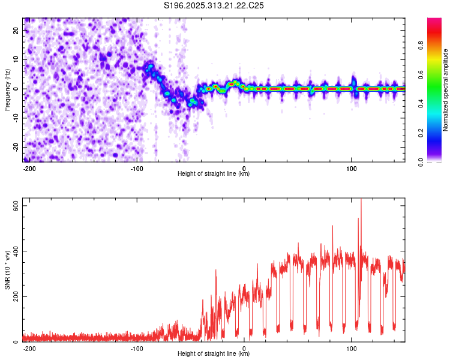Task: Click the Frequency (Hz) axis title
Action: [7, 90]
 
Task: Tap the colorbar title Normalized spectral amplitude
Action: [446, 90]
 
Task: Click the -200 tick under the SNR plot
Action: [29, 348]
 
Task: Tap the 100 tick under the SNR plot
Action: [350, 348]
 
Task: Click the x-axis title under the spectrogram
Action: [214, 174]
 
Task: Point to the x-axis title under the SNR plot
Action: [214, 354]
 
